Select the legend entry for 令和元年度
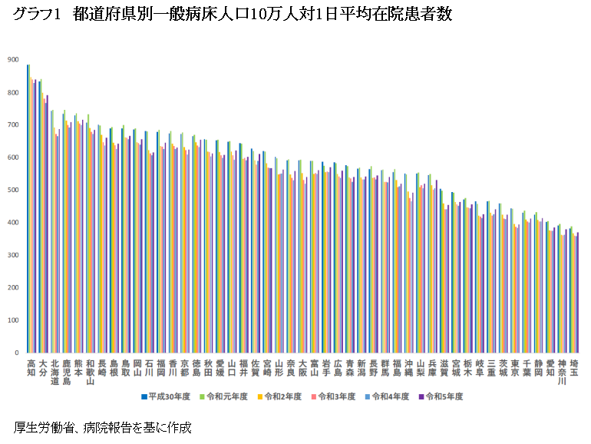click(x=226, y=397)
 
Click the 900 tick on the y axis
click(x=13, y=60)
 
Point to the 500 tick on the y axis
click(x=13, y=190)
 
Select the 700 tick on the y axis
click(x=13, y=125)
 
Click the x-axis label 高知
click(x=31, y=367)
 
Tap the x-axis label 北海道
click(x=54, y=371)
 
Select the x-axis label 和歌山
click(x=90, y=371)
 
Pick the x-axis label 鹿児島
click(x=66, y=371)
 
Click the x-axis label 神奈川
click(x=562, y=371)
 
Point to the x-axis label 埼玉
click(x=573, y=367)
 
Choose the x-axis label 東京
click(x=514, y=367)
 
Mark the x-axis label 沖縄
click(x=408, y=367)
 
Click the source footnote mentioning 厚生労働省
click(x=102, y=427)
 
